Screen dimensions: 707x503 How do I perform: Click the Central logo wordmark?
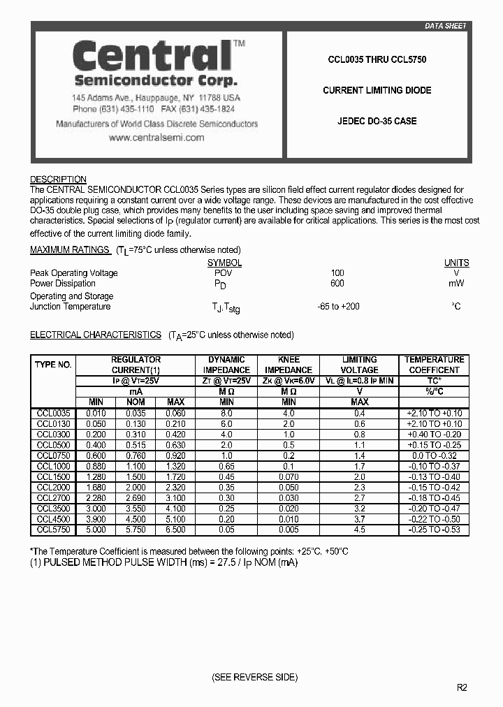coord(152,54)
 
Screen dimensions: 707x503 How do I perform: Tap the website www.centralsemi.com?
coord(156,138)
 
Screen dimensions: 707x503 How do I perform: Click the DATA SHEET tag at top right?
coord(445,26)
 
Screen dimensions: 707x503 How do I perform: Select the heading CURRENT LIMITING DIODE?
coord(377,90)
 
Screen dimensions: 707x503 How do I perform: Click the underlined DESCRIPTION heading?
coord(58,180)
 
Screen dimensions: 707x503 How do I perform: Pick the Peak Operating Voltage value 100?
coord(337,273)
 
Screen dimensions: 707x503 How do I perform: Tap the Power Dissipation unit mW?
coord(456,284)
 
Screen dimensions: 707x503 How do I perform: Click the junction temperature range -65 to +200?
coord(338,306)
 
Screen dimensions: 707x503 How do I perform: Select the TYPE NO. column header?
coord(53,365)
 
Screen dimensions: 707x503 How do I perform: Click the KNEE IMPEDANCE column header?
coord(289,365)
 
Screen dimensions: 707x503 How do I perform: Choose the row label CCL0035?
coord(53,414)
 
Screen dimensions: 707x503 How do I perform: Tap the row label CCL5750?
coord(53,530)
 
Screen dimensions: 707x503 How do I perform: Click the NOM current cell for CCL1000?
coord(136,466)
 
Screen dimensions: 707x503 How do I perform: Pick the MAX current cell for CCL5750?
coord(175,530)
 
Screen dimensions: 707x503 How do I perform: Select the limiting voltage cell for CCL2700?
coord(360,497)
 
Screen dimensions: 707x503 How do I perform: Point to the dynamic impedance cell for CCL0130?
coord(226,424)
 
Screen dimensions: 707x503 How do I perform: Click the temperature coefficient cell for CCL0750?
coord(434,455)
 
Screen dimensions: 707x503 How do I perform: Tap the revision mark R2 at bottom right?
coord(462,687)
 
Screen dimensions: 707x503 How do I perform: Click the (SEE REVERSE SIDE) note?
coord(254,678)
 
